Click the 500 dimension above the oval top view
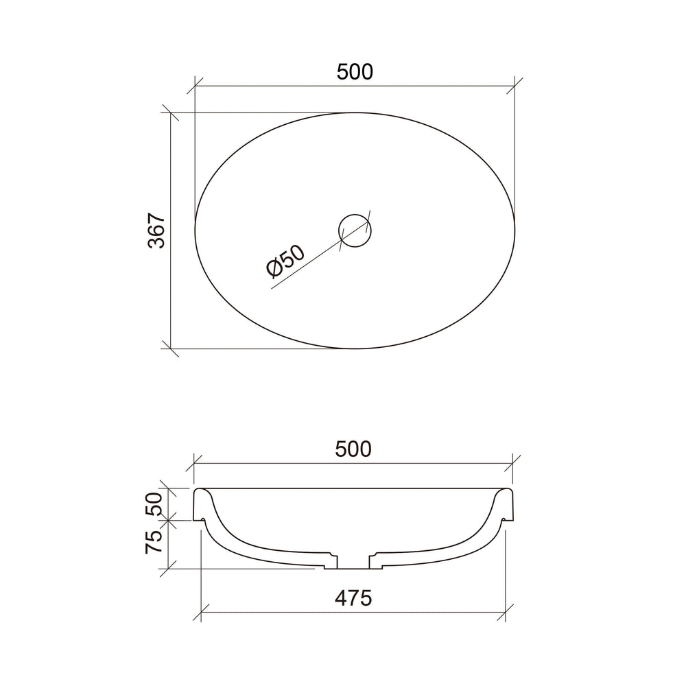pyautogui.click(x=355, y=72)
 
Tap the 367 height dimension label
pyautogui.click(x=156, y=231)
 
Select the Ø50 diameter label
pyautogui.click(x=285, y=261)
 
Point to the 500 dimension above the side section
pyautogui.click(x=353, y=449)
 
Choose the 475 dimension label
pyautogui.click(x=353, y=598)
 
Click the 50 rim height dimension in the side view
pyautogui.click(x=154, y=504)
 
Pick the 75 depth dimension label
pyautogui.click(x=154, y=542)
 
